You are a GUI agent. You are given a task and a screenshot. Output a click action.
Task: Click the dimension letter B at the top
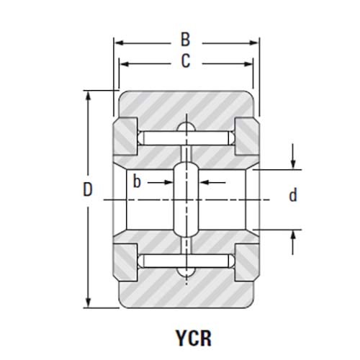(x=185, y=40)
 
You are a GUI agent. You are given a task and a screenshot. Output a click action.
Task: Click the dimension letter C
(x=186, y=60)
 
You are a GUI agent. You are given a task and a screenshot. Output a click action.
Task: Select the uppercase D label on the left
(x=88, y=189)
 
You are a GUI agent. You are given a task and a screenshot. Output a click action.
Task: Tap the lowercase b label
(x=137, y=181)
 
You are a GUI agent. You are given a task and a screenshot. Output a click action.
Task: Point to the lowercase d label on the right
(x=293, y=195)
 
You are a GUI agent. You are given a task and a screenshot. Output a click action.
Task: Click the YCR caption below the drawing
(x=194, y=338)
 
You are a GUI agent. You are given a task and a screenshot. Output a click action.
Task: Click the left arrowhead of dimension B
(x=119, y=43)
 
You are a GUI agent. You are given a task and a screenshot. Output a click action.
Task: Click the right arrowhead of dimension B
(x=253, y=43)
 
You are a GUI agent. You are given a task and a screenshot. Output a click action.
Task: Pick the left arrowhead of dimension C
(x=125, y=64)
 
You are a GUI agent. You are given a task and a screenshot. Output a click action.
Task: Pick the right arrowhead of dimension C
(x=248, y=64)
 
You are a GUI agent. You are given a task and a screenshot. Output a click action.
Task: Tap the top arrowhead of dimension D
(x=89, y=96)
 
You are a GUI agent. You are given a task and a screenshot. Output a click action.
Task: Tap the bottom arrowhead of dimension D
(x=89, y=302)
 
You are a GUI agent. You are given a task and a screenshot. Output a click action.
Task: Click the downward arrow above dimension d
(x=292, y=156)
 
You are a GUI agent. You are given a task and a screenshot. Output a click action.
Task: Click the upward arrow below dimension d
(x=292, y=242)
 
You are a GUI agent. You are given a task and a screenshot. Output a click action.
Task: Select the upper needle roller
(x=186, y=138)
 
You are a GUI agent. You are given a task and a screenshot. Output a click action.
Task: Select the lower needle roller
(x=186, y=261)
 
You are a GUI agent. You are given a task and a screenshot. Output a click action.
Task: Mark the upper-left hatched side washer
(x=125, y=136)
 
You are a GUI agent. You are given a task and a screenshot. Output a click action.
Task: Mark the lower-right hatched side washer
(x=247, y=263)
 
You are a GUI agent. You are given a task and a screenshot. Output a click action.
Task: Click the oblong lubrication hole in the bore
(x=186, y=199)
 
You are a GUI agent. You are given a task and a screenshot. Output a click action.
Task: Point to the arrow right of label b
(x=213, y=183)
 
